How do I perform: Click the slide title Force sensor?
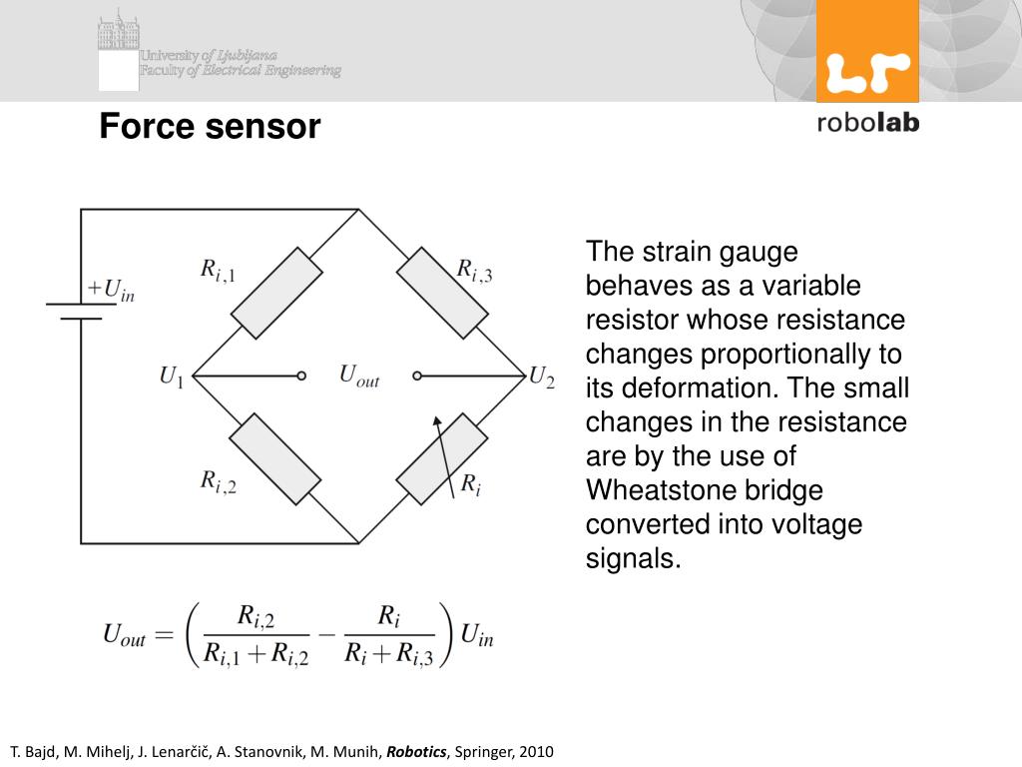(210, 128)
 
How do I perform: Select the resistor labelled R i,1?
(276, 295)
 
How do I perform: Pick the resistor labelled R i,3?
(442, 295)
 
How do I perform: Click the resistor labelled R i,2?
(276, 458)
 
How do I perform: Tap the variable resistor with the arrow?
(442, 458)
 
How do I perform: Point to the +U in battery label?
(110, 291)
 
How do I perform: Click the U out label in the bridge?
(358, 376)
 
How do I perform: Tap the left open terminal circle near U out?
(300, 377)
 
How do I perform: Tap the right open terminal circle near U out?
(417, 377)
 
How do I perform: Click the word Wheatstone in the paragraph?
(650, 490)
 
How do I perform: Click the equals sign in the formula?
(164, 634)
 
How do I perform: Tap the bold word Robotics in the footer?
(417, 751)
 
